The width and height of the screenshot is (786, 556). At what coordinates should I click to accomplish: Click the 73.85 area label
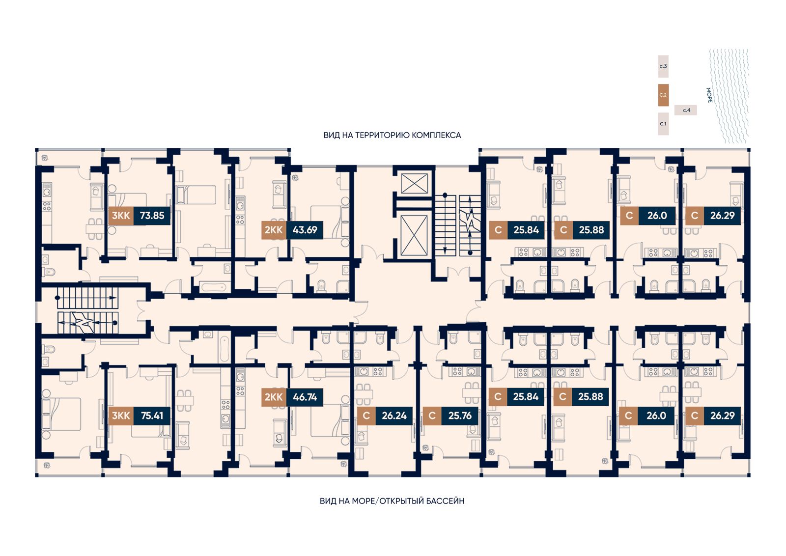tap(152, 216)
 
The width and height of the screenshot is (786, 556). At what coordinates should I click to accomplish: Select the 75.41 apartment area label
tap(152, 416)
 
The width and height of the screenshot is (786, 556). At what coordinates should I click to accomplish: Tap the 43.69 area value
tap(305, 230)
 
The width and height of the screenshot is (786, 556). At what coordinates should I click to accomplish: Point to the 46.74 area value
tap(305, 397)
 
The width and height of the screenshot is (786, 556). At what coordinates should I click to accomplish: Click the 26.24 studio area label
tap(394, 416)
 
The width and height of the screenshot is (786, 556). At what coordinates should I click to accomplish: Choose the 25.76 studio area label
tap(460, 416)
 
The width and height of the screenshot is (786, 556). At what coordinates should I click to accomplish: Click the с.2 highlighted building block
tap(663, 95)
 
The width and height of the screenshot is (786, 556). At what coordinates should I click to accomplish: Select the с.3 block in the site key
tap(663, 66)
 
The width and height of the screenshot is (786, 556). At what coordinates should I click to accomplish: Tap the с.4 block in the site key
tap(686, 110)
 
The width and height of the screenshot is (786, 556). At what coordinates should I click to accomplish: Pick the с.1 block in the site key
tap(663, 124)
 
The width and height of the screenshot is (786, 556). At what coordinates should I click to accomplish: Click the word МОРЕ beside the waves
tap(709, 95)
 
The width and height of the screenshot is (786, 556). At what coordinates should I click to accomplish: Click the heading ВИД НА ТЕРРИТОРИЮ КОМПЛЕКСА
tap(393, 136)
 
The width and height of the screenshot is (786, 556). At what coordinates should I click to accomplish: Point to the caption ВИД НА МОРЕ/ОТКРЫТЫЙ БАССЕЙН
tap(392, 501)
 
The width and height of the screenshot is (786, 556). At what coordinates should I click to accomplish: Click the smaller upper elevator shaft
tap(414, 184)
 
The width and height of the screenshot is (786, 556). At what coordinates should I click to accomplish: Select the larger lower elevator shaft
tap(414, 235)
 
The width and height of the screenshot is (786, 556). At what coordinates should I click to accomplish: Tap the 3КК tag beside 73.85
tap(121, 216)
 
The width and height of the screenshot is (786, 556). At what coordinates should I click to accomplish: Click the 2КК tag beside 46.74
tap(274, 397)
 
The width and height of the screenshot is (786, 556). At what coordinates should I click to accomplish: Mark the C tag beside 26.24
tap(366, 416)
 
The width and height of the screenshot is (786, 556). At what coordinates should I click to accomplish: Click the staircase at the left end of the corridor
tap(88, 311)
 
